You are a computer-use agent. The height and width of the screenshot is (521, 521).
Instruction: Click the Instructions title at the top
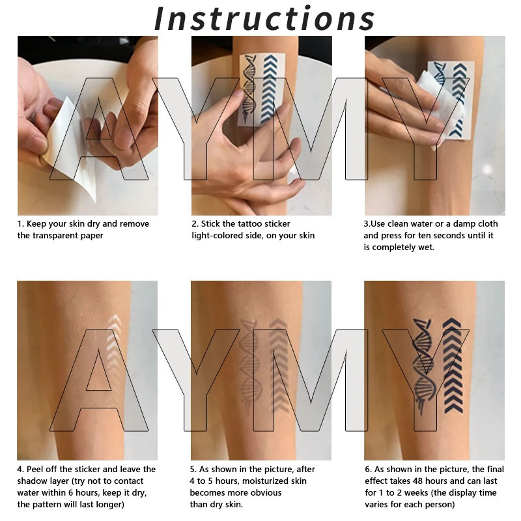264,18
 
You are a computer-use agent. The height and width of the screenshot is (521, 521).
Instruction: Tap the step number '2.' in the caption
195,224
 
